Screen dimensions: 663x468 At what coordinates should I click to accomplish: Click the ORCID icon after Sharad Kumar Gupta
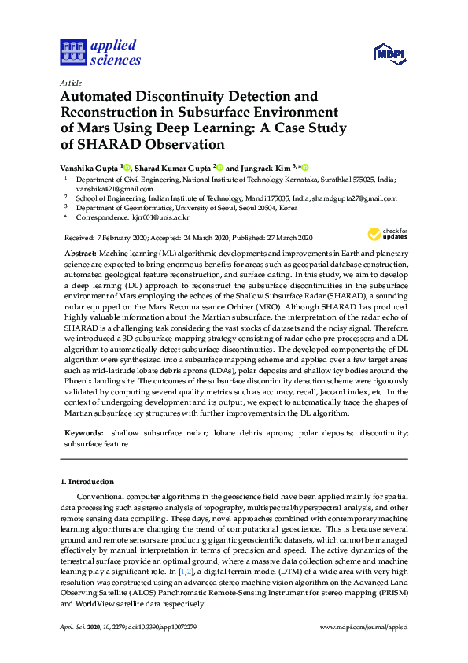[221, 167]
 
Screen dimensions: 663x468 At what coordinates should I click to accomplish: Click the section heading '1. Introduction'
[87, 481]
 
